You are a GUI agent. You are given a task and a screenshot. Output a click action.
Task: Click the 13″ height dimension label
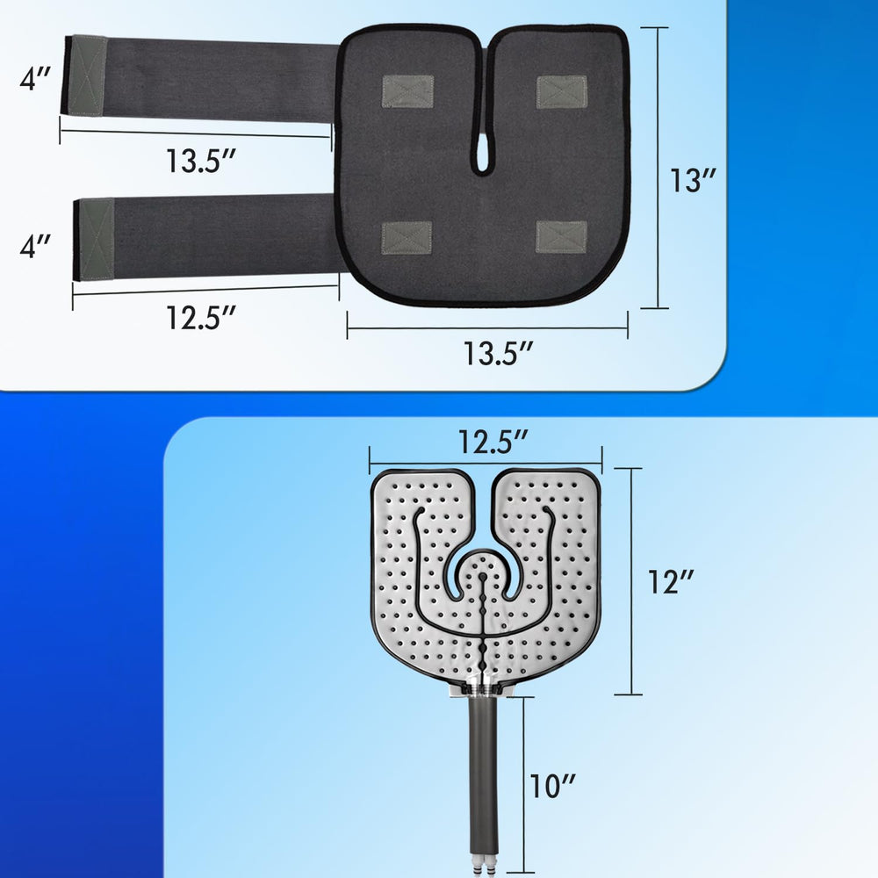(x=694, y=180)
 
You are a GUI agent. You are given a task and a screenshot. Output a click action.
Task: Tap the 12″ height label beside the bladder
(x=671, y=582)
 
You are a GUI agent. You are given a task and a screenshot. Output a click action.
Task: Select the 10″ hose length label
(x=552, y=786)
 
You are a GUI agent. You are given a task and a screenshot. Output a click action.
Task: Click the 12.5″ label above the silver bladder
(x=493, y=442)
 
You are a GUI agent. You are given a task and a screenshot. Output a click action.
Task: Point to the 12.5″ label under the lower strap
(x=201, y=318)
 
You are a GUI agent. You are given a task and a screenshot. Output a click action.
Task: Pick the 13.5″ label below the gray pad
(x=499, y=353)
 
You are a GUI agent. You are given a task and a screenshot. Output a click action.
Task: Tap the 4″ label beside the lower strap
(x=35, y=246)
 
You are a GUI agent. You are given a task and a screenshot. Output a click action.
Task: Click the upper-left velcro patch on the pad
(x=407, y=92)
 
